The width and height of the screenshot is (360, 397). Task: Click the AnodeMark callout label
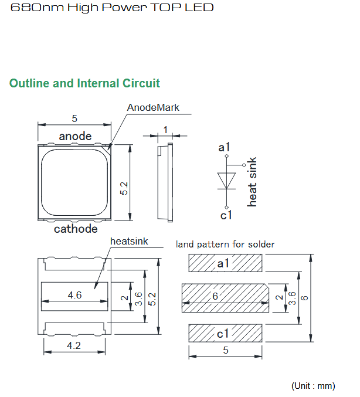point(153,107)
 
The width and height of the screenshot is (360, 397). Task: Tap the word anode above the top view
point(75,136)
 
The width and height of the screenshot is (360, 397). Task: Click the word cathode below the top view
point(76,229)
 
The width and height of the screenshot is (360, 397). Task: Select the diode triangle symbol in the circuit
point(226,181)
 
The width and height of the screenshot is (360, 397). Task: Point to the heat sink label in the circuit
point(252,182)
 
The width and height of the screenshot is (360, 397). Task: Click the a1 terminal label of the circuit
point(224,147)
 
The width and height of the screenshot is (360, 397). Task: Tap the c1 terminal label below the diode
point(226,215)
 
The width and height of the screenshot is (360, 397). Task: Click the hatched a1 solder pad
point(225,263)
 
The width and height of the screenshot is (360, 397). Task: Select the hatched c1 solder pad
point(225,333)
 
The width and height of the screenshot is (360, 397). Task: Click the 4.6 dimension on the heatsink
point(74,295)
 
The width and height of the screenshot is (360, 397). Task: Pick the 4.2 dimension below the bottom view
point(74,345)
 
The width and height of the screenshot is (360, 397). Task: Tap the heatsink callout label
point(129,241)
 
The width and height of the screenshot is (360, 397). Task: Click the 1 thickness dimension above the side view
point(165,130)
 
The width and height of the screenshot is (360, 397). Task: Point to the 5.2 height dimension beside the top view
point(124,188)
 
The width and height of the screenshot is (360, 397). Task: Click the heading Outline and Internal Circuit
point(84,83)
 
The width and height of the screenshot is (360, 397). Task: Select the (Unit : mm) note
point(313,386)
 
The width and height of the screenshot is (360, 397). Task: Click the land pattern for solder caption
point(225,245)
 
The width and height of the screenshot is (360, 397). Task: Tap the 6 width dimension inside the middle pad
point(215,296)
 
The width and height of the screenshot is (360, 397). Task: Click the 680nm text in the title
point(37,8)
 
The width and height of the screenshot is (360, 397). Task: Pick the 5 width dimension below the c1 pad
point(226,350)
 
